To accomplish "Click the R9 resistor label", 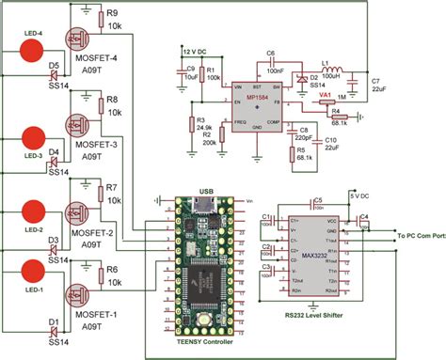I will pyautogui.click(x=112, y=15).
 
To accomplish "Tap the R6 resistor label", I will pyautogui.click(x=112, y=269).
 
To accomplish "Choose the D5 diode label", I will pyautogui.click(x=55, y=67).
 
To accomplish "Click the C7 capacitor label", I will pyautogui.click(x=376, y=83).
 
